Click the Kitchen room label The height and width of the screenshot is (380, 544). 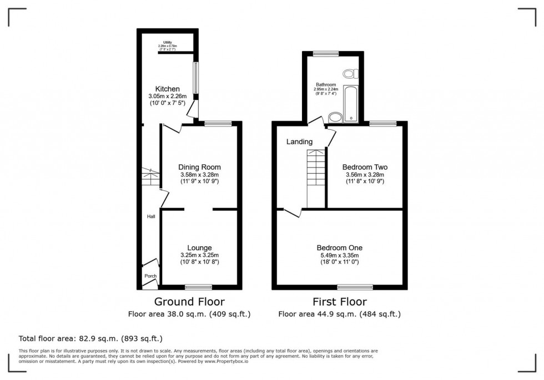point(167,89)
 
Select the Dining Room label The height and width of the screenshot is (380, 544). point(199,167)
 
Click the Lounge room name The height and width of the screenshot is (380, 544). point(199,247)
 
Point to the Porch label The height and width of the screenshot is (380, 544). point(150,276)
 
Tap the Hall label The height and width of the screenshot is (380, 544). point(151,216)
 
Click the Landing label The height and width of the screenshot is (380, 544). point(299,142)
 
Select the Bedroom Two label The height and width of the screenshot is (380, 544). point(365,167)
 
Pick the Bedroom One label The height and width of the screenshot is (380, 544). point(340,247)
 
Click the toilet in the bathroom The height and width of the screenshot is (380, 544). point(350,73)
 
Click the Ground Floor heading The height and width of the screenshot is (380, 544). point(189,302)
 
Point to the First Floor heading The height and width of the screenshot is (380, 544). point(339,302)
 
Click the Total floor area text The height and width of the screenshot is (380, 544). point(90,338)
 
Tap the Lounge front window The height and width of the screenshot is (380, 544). point(198,287)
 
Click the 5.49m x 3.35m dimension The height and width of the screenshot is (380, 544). point(340,255)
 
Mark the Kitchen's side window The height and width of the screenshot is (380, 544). point(195,78)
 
